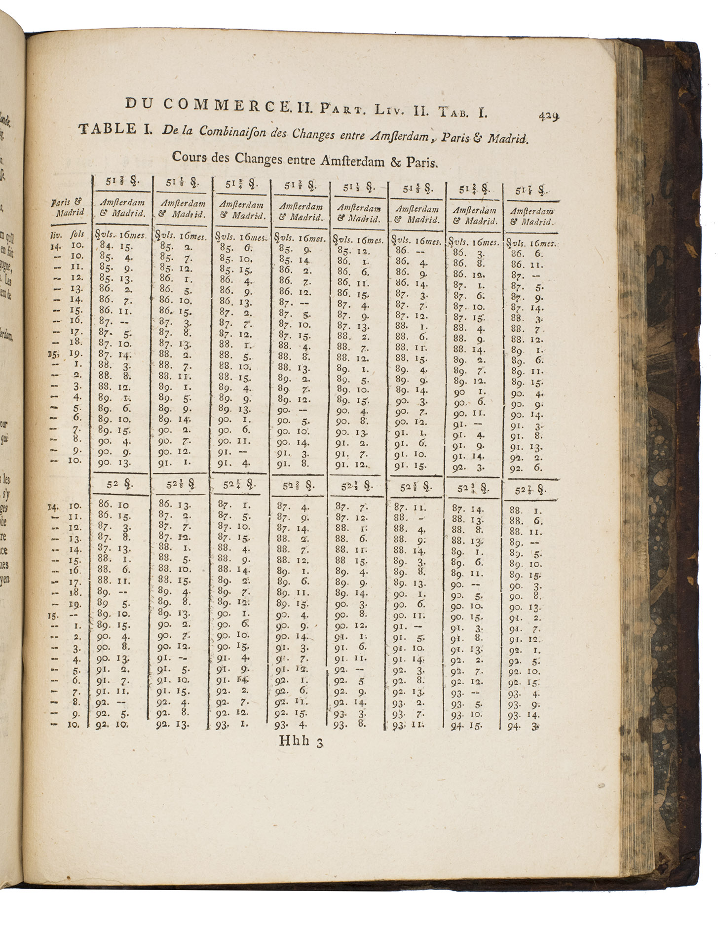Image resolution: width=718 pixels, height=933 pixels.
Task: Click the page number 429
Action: [548, 117]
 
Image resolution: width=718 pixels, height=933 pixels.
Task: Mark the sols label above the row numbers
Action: [78, 234]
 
